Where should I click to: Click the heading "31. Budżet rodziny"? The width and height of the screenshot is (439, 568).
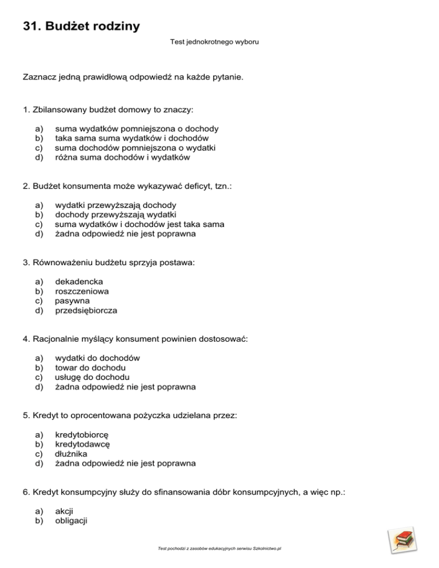81,26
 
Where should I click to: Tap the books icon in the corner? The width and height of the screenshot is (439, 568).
402,542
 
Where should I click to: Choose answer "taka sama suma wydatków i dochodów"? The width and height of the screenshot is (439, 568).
131,138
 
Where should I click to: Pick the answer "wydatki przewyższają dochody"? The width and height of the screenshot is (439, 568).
115,205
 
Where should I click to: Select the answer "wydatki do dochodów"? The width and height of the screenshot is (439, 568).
98,358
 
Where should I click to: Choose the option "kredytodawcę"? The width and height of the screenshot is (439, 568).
82,444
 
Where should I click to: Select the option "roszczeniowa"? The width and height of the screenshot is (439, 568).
82,291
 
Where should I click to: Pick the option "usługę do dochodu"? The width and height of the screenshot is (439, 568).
92,377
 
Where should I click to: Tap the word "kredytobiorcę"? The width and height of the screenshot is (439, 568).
82,434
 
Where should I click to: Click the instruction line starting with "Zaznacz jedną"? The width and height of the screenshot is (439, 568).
133,76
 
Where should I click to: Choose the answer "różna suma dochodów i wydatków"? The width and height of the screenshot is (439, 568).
122,157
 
